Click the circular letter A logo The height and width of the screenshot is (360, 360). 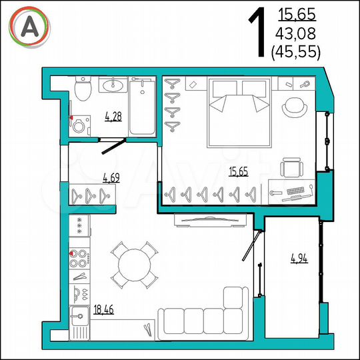(x=29, y=26)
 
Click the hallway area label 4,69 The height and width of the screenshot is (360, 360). (x=111, y=177)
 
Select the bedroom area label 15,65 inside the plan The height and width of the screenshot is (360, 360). (x=238, y=172)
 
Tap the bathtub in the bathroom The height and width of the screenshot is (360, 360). (x=141, y=107)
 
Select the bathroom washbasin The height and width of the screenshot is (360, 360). (x=112, y=85)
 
